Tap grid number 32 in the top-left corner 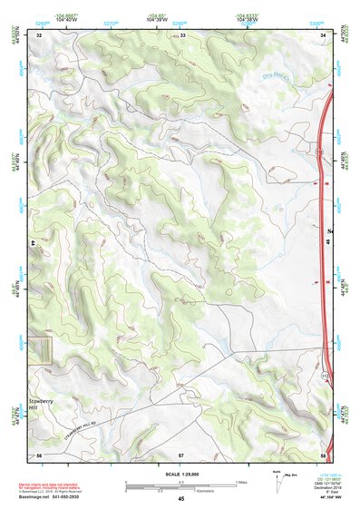[39, 34]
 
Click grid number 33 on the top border [181, 34]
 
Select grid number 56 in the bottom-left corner [39, 453]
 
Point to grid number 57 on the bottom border [181, 453]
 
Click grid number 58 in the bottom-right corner [322, 453]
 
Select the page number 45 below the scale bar [181, 500]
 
